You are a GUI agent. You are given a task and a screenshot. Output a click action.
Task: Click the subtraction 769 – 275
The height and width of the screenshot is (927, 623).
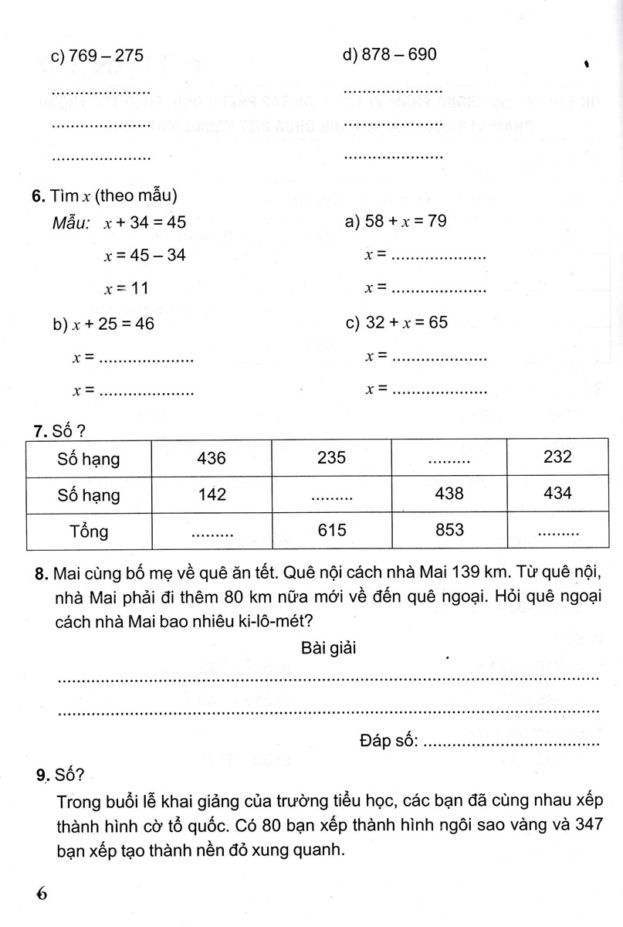tap(106, 56)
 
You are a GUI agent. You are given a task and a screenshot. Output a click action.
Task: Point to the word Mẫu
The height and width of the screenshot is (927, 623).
tap(71, 222)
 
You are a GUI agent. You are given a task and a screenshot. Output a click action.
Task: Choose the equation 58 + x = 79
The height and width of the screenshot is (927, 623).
tap(405, 222)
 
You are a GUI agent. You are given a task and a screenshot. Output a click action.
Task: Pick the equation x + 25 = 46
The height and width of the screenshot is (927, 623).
tap(113, 324)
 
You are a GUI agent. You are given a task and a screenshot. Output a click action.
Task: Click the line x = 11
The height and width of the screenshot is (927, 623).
tap(126, 288)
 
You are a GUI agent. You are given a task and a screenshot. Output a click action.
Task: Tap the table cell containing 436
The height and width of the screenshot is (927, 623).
tap(212, 458)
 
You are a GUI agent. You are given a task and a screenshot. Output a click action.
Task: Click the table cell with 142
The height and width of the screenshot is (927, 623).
tap(212, 494)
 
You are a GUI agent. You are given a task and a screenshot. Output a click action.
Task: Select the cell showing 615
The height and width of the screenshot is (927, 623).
tap(331, 531)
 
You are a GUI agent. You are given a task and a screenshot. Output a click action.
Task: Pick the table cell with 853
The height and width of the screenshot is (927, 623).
tap(450, 530)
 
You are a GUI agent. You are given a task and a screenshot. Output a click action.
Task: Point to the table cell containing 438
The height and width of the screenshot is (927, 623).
tap(450, 494)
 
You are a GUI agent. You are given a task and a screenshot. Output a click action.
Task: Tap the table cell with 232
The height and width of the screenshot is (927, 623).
tap(557, 457)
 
